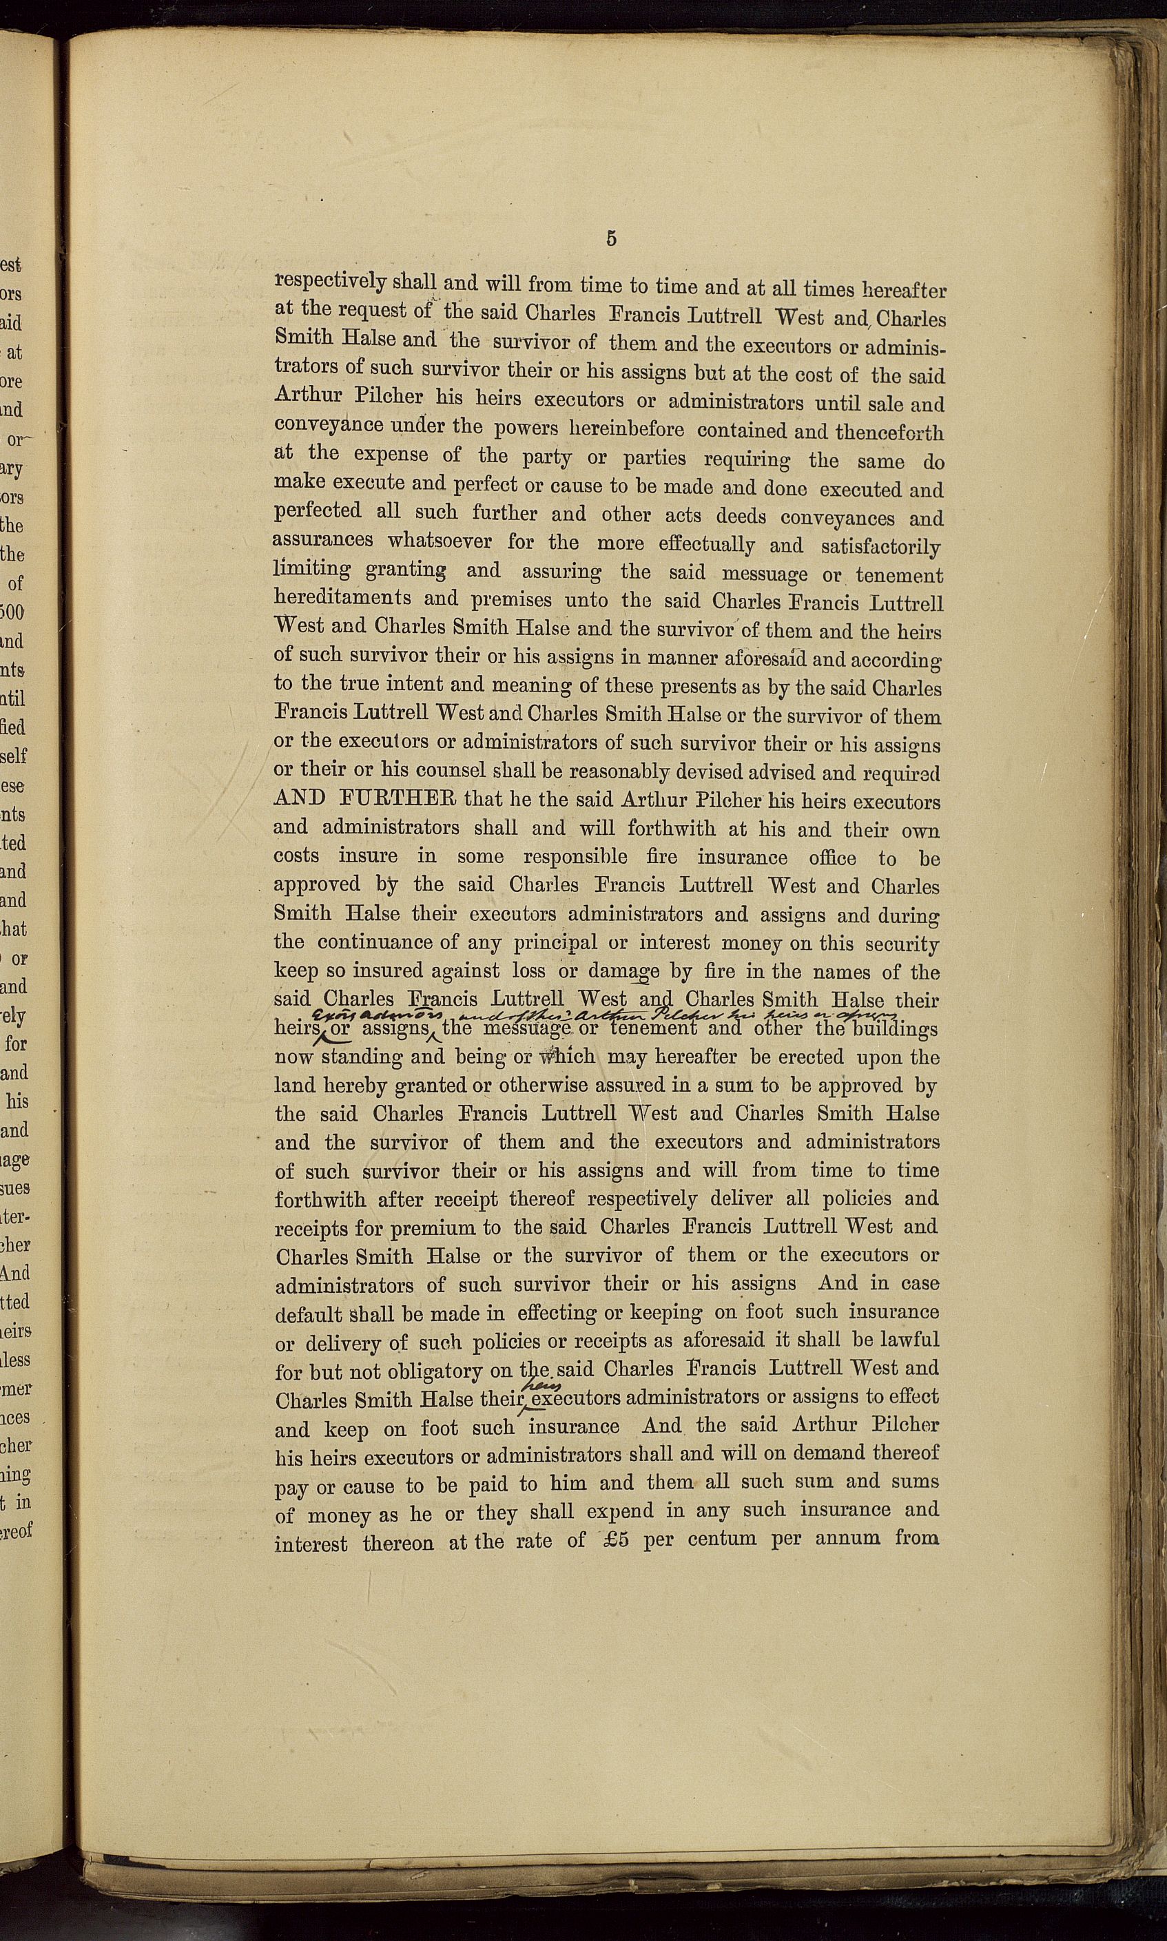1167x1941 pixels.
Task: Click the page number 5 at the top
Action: (611, 239)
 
